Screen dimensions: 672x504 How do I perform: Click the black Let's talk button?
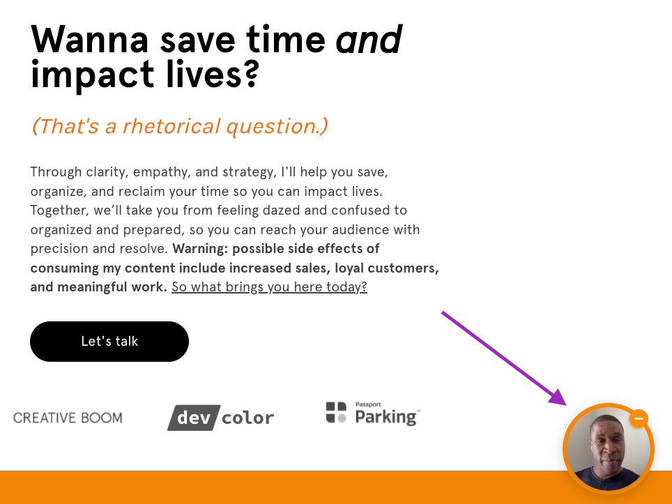pyautogui.click(x=109, y=341)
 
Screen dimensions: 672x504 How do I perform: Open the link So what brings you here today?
pyautogui.click(x=269, y=287)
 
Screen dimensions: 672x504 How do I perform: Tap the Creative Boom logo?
pyautogui.click(x=68, y=418)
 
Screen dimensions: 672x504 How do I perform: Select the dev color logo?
pyautogui.click(x=221, y=418)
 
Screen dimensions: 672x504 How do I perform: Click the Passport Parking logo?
pyautogui.click(x=373, y=413)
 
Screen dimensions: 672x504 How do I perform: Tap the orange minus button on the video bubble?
pyautogui.click(x=639, y=418)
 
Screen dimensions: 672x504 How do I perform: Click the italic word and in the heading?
pyautogui.click(x=369, y=40)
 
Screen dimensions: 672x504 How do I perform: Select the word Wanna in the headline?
pyautogui.click(x=89, y=40)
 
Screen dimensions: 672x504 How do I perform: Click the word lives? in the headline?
pyautogui.click(x=212, y=74)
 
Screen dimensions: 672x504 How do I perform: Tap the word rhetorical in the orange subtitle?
pyautogui.click(x=171, y=126)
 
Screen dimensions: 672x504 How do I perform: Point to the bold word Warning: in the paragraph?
pyautogui.click(x=200, y=249)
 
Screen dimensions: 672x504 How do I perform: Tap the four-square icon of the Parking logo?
pyautogui.click(x=336, y=412)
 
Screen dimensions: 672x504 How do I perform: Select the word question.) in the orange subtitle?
pyautogui.click(x=277, y=127)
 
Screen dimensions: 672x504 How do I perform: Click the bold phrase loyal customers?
pyautogui.click(x=387, y=268)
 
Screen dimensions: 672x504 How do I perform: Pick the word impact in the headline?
pyautogui.click(x=93, y=75)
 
